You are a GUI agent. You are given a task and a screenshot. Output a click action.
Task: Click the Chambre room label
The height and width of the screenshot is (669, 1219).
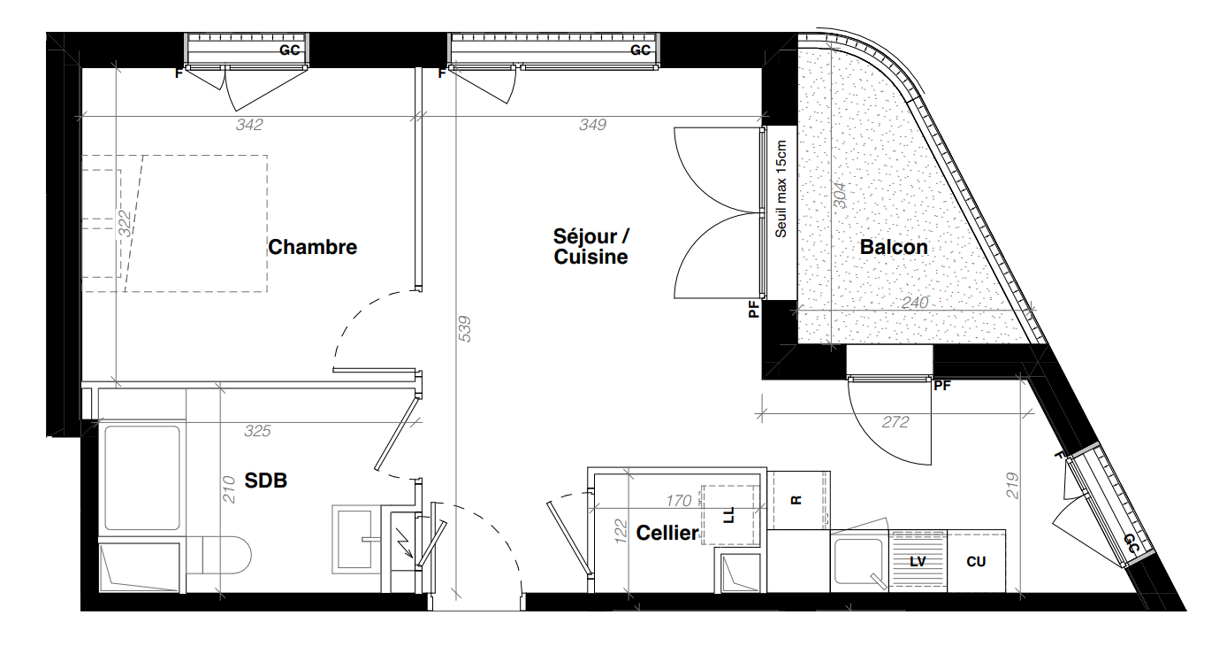tap(312, 247)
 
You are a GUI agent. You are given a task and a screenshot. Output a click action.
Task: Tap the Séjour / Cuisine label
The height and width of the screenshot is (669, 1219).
tap(591, 246)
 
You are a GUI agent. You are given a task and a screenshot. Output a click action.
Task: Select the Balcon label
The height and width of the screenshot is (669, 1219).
tap(894, 247)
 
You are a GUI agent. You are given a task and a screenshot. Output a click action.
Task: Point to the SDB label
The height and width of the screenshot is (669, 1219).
tap(265, 481)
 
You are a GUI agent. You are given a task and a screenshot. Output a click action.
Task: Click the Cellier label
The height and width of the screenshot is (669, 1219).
tap(667, 533)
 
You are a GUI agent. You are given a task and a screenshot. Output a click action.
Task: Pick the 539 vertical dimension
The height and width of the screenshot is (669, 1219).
tap(465, 328)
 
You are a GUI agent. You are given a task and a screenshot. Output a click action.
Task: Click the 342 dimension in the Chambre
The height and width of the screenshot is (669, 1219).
tap(249, 125)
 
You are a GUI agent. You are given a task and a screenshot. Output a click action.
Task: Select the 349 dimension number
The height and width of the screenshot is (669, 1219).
tap(592, 125)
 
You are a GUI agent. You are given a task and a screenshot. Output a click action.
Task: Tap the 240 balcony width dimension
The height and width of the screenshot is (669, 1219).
tap(915, 303)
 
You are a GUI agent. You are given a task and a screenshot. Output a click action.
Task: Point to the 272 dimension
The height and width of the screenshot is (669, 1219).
tap(895, 422)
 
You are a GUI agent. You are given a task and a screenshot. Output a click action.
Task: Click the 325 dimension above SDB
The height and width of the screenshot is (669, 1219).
tap(257, 431)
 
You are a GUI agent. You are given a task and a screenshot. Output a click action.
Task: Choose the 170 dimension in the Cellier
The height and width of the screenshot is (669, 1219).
tap(679, 500)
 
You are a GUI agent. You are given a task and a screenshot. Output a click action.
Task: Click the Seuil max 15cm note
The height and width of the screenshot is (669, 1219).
tap(781, 189)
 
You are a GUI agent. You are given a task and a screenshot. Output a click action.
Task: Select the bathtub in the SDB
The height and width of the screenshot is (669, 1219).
tap(142, 478)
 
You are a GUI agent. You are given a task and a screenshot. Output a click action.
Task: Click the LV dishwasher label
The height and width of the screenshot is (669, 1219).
tap(918, 562)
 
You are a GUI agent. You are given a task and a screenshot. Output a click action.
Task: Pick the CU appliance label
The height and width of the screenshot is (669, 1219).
tap(976, 562)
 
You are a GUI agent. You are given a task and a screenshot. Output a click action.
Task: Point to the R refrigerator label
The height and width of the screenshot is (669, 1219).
tap(796, 500)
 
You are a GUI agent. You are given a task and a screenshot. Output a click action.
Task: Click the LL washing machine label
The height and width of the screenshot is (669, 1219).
tap(729, 515)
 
